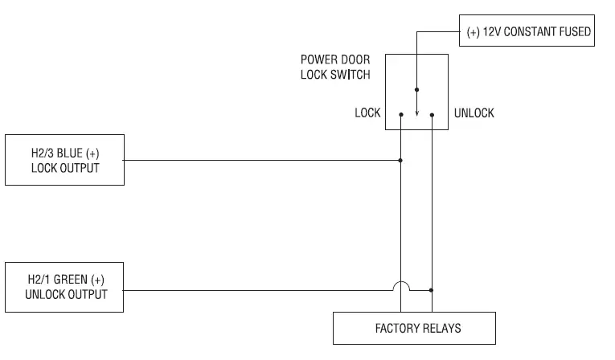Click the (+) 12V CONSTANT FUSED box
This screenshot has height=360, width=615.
(x=527, y=31)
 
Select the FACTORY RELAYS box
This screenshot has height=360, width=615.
(x=414, y=328)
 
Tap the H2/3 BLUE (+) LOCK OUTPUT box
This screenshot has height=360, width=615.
(x=65, y=160)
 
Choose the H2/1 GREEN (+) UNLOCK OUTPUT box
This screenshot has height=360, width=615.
(x=64, y=288)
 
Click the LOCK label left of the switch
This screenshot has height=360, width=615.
(x=367, y=113)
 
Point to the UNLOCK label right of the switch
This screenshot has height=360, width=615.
(x=474, y=113)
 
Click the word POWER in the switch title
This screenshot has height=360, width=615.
(x=314, y=59)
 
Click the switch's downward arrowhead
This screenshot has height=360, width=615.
(x=417, y=114)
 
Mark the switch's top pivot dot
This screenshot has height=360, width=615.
(x=417, y=90)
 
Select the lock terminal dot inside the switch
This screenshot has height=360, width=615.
(x=401, y=115)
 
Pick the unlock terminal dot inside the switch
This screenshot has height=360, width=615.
(x=432, y=115)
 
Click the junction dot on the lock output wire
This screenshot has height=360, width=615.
(x=400, y=161)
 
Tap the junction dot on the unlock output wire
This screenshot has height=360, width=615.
(x=432, y=290)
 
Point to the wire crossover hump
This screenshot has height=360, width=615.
(x=401, y=282)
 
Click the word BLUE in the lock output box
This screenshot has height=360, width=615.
(x=70, y=153)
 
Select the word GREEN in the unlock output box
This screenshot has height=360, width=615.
(x=71, y=280)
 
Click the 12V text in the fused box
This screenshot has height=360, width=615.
(x=491, y=31)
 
